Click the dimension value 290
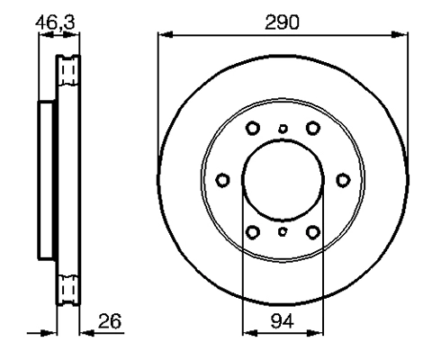(x=282, y=21)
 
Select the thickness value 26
(x=110, y=320)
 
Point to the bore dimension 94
(x=282, y=320)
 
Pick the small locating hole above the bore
(x=282, y=129)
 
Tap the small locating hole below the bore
(x=282, y=232)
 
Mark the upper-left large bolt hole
(x=252, y=128)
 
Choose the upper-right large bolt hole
(x=312, y=128)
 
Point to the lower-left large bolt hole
(x=252, y=232)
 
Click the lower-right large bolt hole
(x=312, y=232)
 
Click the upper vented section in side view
(x=66, y=71)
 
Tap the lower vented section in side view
(x=66, y=290)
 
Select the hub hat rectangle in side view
(x=47, y=180)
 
